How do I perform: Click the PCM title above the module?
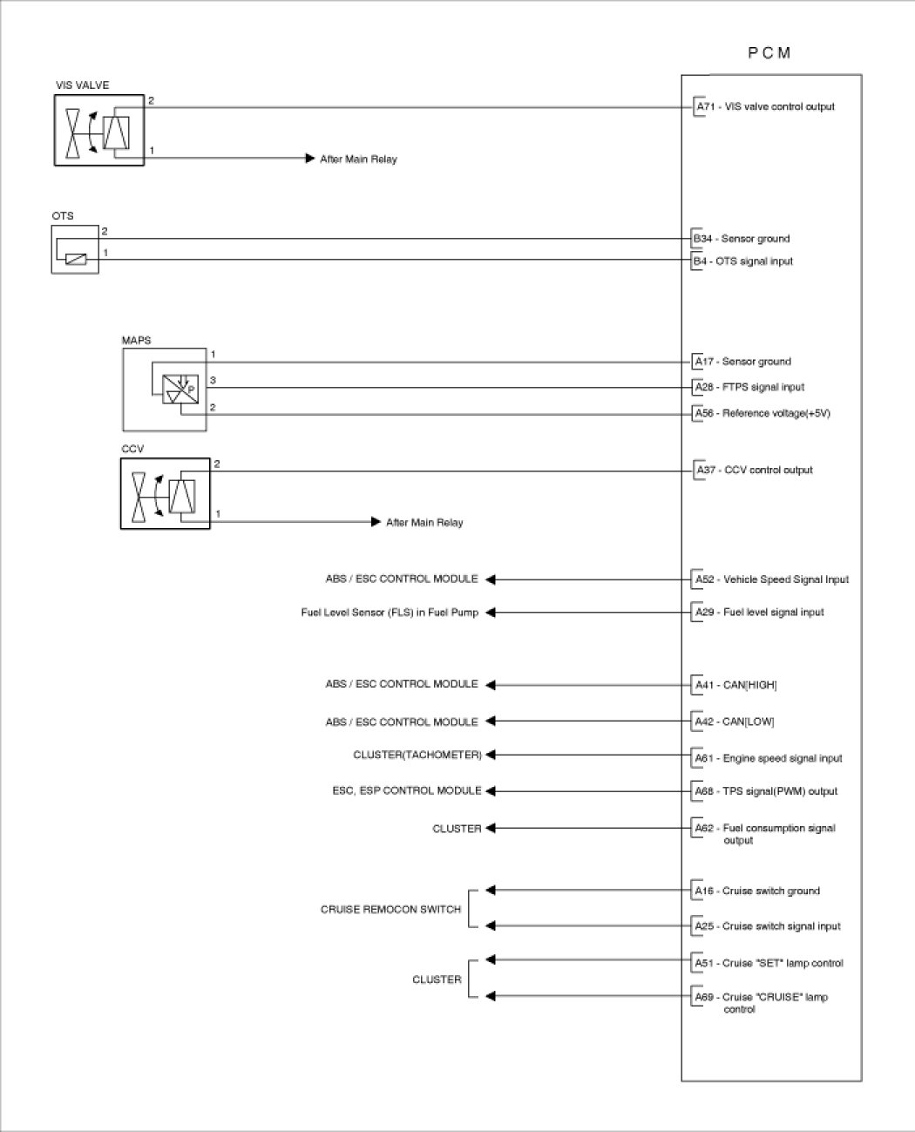tap(769, 53)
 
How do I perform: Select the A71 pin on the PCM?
tap(705, 106)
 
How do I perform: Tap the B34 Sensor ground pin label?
tap(742, 239)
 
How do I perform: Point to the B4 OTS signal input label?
tap(743, 261)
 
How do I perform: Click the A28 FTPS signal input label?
tap(749, 387)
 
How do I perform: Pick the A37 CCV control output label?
tap(755, 470)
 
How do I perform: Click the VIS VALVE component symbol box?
tap(99, 131)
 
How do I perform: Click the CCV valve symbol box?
tap(166, 493)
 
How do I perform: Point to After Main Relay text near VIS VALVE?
tap(358, 159)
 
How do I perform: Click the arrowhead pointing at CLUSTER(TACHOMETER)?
tap(491, 756)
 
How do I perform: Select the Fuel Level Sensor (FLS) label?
tap(390, 613)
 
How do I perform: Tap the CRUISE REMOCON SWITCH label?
tap(390, 909)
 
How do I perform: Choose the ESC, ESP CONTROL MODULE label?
tap(407, 790)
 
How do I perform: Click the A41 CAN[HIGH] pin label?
tap(735, 685)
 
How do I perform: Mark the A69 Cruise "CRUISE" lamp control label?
tap(761, 1002)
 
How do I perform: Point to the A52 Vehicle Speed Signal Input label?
tap(771, 580)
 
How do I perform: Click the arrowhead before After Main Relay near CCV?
tap(376, 522)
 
